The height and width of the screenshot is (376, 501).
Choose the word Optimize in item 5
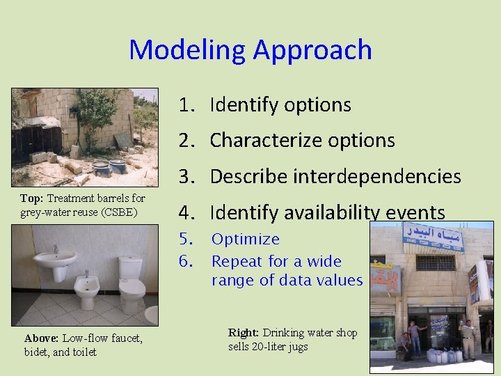(245, 240)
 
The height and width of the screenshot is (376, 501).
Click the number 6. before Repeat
(185, 262)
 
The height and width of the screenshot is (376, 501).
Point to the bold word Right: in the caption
(242, 333)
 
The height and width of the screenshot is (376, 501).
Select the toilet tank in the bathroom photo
(131, 267)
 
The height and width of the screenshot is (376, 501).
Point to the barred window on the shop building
(435, 263)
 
